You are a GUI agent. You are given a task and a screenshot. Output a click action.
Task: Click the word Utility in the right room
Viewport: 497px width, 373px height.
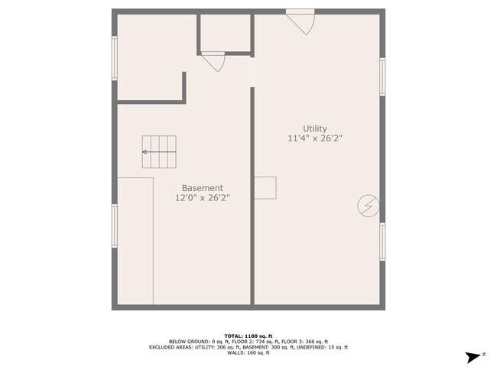pyautogui.click(x=314, y=128)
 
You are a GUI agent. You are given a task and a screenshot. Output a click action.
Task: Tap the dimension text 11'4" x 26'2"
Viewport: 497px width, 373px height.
pyautogui.click(x=314, y=138)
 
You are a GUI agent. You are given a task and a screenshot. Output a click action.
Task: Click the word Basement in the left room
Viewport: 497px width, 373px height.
pyautogui.click(x=202, y=188)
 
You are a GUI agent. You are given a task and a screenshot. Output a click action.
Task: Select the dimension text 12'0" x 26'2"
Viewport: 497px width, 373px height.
pyautogui.click(x=202, y=198)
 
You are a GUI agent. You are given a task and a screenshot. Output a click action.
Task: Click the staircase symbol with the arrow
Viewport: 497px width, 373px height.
pyautogui.click(x=158, y=152)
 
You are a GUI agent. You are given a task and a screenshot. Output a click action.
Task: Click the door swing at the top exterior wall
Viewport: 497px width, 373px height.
pyautogui.click(x=301, y=21)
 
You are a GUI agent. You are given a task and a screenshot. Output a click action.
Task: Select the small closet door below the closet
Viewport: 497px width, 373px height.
pyautogui.click(x=213, y=61)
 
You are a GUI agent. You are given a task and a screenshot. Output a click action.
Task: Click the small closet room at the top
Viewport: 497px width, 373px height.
pyautogui.click(x=226, y=32)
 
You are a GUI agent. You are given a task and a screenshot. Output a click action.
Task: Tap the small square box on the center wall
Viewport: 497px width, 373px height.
pyautogui.click(x=265, y=187)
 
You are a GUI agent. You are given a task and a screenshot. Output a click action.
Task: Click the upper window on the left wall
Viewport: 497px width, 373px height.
pyautogui.click(x=115, y=58)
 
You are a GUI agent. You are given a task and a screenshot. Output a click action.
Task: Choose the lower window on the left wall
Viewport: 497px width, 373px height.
pyautogui.click(x=115, y=225)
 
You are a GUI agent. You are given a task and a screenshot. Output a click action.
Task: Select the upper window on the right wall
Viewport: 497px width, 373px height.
pyautogui.click(x=382, y=76)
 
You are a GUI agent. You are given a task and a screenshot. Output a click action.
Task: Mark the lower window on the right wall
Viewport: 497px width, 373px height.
pyautogui.click(x=382, y=242)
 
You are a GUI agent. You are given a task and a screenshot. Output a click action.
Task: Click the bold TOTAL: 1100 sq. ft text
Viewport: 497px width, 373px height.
pyautogui.click(x=248, y=336)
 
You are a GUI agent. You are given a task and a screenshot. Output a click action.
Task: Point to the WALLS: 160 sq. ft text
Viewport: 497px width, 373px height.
pyautogui.click(x=248, y=352)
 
